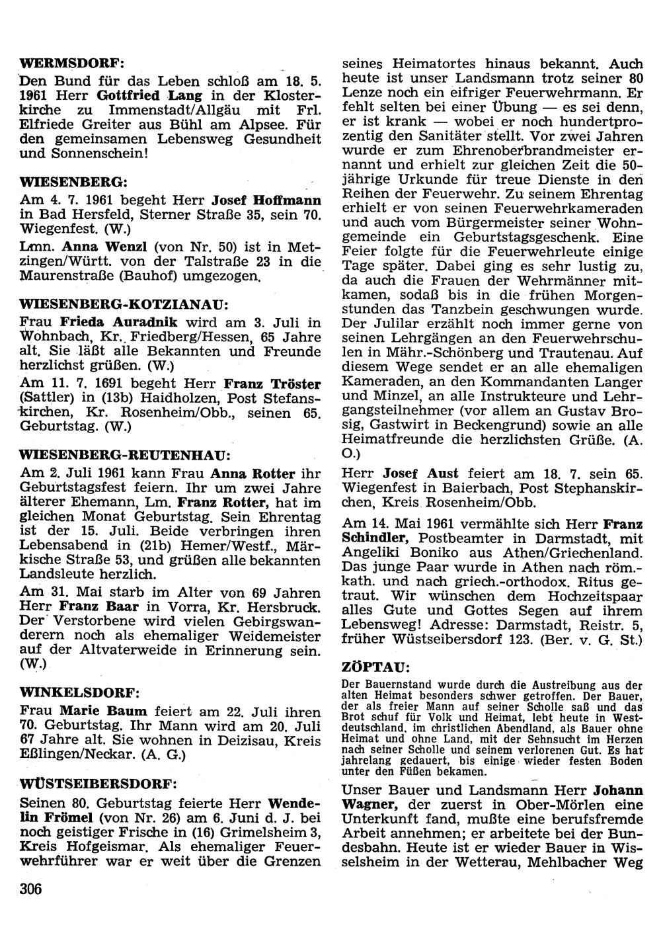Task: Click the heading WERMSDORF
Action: pyautogui.click(x=72, y=64)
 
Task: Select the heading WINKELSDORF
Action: pyautogui.click(x=80, y=692)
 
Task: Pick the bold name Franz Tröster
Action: pyautogui.click(x=272, y=384)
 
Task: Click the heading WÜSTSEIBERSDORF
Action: pyautogui.click(x=98, y=785)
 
